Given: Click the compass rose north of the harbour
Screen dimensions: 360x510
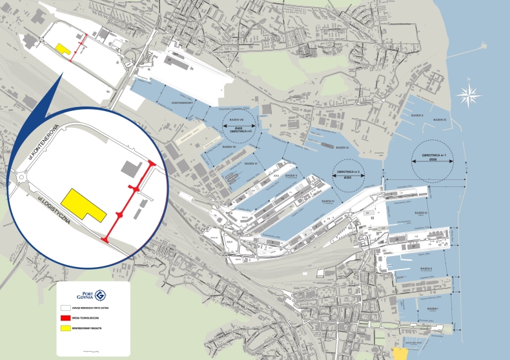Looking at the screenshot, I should pos(469,95).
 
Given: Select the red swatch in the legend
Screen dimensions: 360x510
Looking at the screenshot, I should pos(65,318).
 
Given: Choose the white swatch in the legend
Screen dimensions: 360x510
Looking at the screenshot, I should pos(65,308).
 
